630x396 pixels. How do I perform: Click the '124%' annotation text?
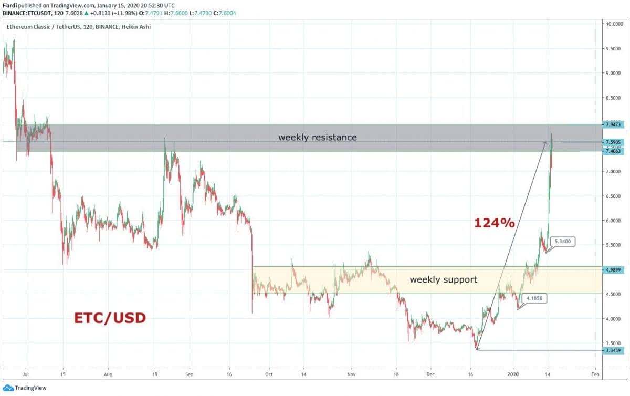point(494,223)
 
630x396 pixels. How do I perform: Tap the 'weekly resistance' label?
point(317,138)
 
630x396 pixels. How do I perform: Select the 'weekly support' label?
point(443,279)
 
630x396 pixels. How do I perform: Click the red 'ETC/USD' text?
point(109,318)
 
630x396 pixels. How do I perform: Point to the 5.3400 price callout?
point(566,242)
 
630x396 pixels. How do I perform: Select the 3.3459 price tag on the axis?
point(613,350)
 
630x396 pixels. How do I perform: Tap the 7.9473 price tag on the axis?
point(613,124)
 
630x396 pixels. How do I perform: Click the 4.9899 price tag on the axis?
point(613,270)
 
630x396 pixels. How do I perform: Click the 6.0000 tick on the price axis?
point(613,221)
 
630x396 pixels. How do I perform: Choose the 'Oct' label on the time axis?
point(268,376)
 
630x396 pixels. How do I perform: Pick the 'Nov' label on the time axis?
point(351,376)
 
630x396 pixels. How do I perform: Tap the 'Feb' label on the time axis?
point(595,376)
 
